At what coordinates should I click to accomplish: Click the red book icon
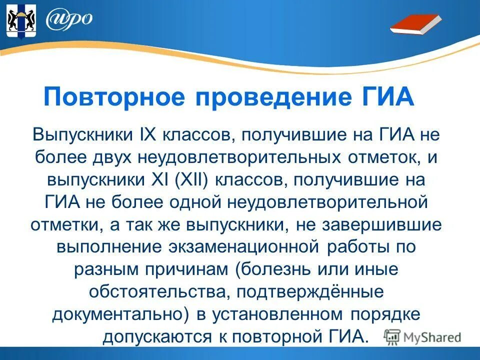(x=415, y=24)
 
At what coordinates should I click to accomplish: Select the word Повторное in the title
(x=115, y=96)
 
